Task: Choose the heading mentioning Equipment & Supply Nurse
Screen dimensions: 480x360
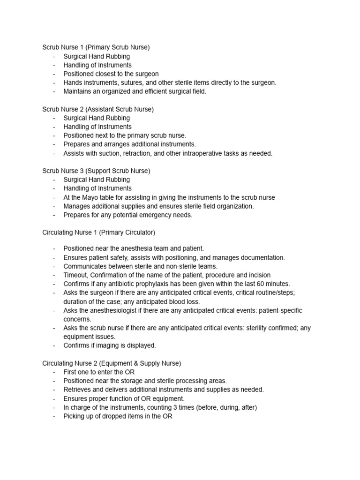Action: pyautogui.click(x=112, y=363)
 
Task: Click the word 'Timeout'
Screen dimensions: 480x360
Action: pyautogui.click(x=76, y=275)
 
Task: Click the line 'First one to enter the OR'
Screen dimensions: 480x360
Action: pyautogui.click(x=99, y=372)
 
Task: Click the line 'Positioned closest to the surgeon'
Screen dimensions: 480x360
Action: pyautogui.click(x=111, y=74)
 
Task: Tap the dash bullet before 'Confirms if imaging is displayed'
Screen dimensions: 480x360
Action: pyautogui.click(x=54, y=345)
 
